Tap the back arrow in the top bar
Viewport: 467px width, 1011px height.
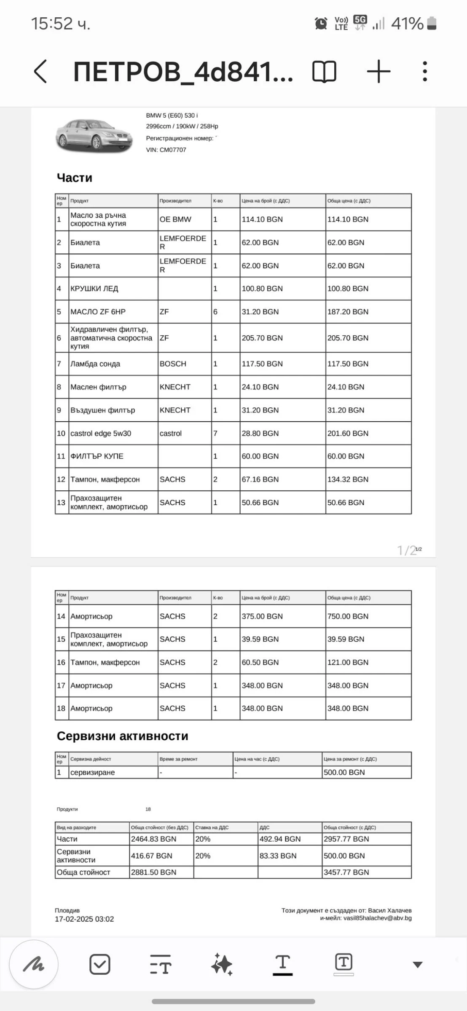[40, 71]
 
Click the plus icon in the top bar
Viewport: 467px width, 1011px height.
[378, 71]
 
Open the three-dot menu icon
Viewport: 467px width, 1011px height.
[425, 71]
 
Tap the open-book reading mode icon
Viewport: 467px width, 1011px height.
[324, 71]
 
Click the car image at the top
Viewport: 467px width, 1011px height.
[94, 134]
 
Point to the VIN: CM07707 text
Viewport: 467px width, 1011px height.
[166, 150]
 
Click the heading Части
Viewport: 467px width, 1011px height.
[75, 178]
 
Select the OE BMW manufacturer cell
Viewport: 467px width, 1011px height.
[175, 219]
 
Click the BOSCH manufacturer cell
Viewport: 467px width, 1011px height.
[173, 364]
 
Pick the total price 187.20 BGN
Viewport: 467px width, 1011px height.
[348, 312]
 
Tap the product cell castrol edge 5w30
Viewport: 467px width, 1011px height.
[101, 433]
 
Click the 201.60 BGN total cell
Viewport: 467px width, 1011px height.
[348, 433]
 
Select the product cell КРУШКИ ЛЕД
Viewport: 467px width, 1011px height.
[94, 289]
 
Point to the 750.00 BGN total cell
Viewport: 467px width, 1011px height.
[348, 616]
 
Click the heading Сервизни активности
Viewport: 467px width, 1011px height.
[123, 736]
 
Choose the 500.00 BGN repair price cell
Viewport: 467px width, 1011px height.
[344, 772]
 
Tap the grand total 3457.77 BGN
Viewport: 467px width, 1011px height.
[346, 872]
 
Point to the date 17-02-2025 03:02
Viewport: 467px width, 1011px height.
[84, 919]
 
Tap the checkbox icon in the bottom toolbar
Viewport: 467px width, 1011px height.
[100, 964]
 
